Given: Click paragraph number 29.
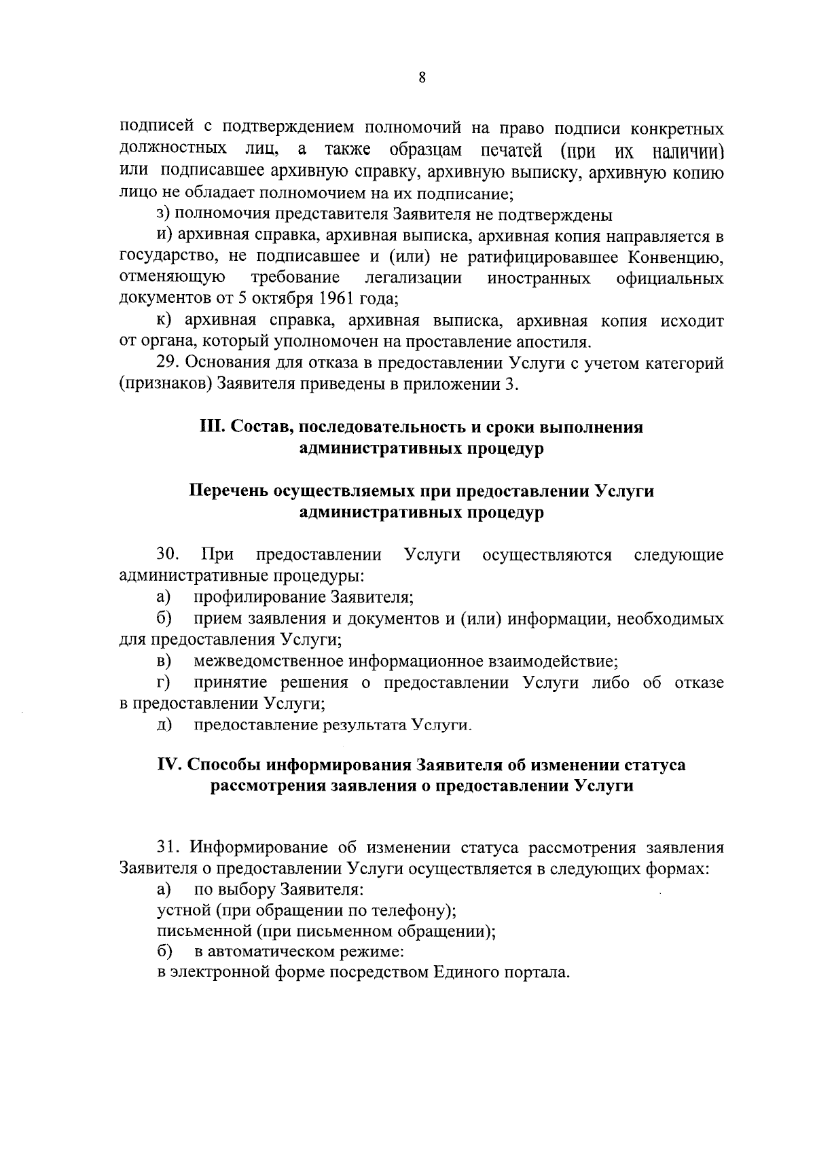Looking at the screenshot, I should [x=168, y=363].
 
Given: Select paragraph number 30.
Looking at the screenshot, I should [x=168, y=555].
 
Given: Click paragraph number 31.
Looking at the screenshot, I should [x=168, y=848].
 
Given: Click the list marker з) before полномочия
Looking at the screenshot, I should [x=163, y=215].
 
